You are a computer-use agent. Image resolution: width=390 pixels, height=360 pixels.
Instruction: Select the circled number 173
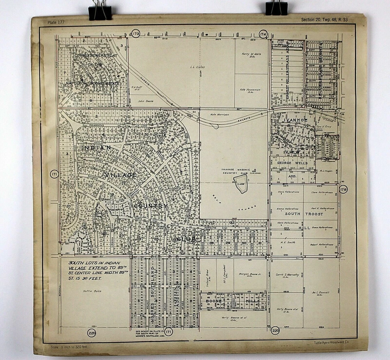pyautogui.click(x=136, y=34)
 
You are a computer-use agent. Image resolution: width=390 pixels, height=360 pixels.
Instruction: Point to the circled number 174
pyautogui.click(x=263, y=34)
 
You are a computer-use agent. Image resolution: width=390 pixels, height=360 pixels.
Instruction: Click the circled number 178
pyautogui.click(x=343, y=189)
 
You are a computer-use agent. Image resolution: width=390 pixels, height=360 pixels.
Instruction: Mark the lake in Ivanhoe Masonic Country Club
pyautogui.click(x=241, y=183)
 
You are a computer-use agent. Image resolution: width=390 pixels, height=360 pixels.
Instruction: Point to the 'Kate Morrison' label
pyautogui.click(x=219, y=114)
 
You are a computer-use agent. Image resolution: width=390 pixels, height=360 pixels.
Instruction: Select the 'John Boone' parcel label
pyautogui.click(x=145, y=101)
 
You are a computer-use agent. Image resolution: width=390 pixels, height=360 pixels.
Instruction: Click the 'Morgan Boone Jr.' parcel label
pyautogui.click(x=249, y=274)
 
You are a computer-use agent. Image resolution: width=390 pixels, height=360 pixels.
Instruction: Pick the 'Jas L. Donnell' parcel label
pyautogui.click(x=321, y=293)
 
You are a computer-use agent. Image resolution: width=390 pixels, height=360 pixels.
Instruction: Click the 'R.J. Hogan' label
pyautogui.click(x=326, y=171)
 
